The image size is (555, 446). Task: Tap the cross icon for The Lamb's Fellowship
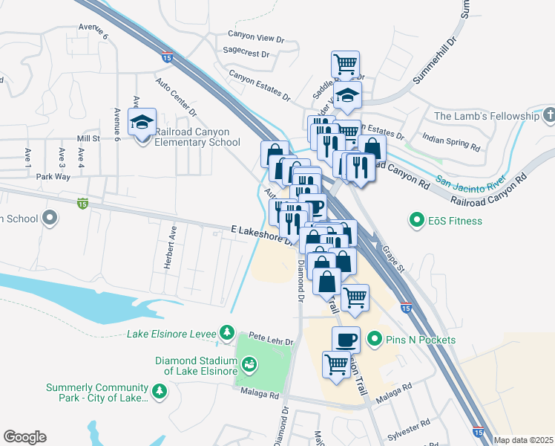[x=548, y=116]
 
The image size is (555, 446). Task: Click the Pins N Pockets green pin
[x=375, y=340]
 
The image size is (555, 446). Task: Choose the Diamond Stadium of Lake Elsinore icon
[x=251, y=363]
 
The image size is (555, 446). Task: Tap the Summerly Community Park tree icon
[x=158, y=390]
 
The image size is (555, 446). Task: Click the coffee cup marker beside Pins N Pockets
[x=346, y=340]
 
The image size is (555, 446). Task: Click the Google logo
[x=24, y=437]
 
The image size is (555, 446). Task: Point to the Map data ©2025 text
[x=522, y=440]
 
